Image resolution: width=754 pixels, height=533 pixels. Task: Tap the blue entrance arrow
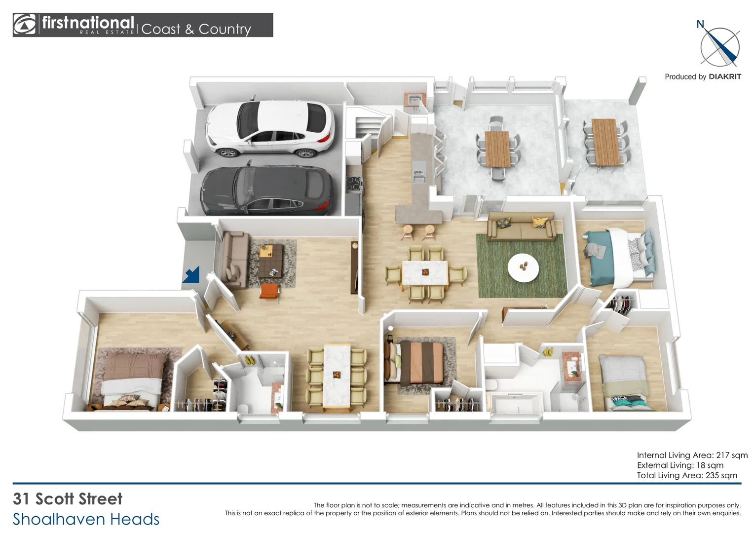pos(191,274)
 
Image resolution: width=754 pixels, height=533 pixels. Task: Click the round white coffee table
pos(523,267)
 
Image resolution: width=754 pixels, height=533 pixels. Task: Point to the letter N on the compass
pos(700,24)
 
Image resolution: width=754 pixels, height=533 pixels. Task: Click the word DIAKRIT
pos(724,76)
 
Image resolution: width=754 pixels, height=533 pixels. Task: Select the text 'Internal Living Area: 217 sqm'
pos(692,455)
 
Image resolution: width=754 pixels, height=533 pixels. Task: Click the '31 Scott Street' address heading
pos(68,498)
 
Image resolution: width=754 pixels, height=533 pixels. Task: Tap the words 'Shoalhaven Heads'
pos(86,519)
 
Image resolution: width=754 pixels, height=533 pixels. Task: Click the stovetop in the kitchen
pos(354,184)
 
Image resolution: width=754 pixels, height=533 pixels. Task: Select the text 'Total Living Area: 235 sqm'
pos(687,475)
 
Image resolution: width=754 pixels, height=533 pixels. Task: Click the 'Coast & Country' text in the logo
pos(196,29)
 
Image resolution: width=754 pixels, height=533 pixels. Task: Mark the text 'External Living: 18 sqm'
pos(680,465)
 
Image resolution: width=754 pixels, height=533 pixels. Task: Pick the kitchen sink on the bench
pos(418,175)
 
